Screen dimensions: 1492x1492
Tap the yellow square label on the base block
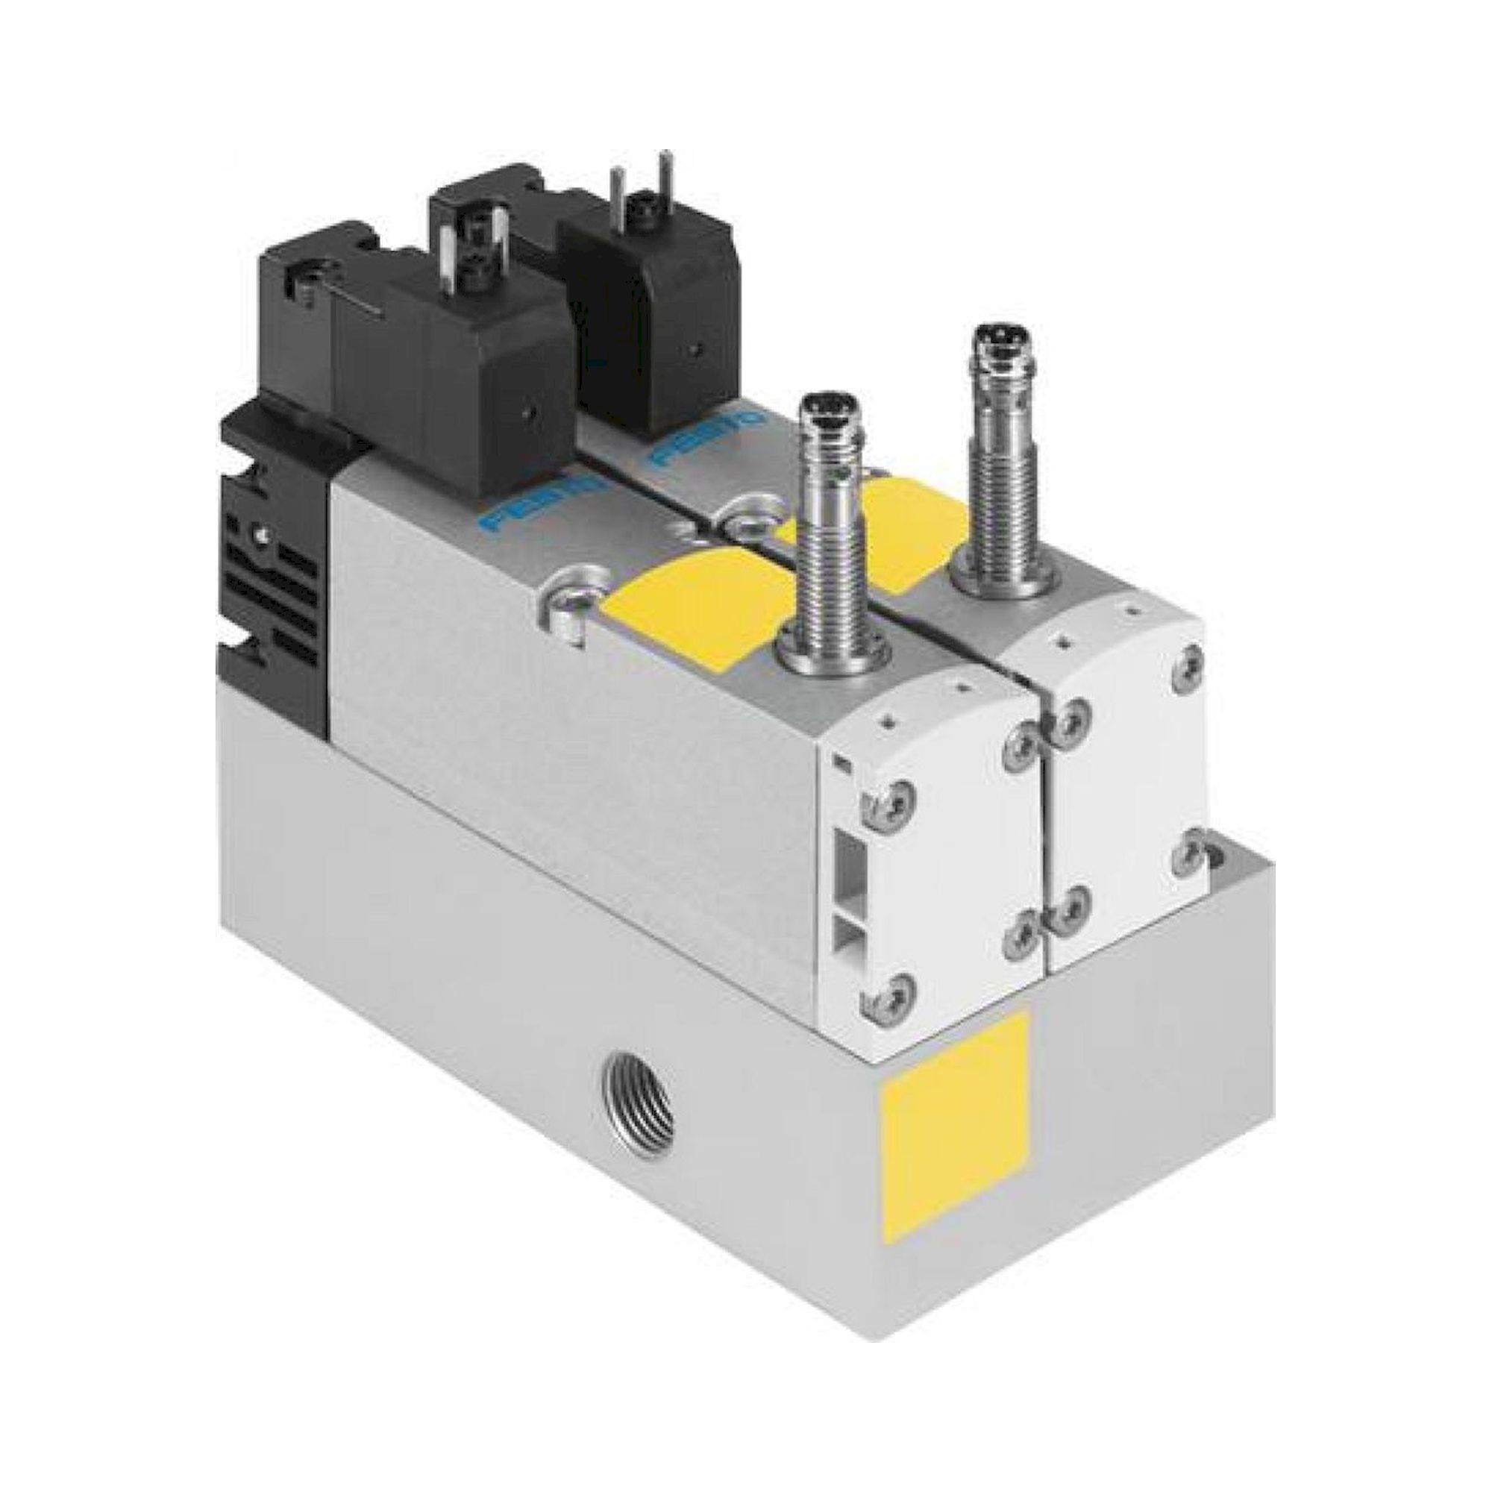956,1102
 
